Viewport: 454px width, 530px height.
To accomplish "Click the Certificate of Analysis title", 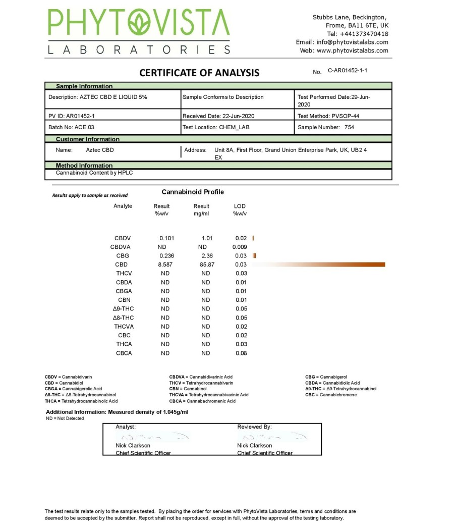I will coord(199,73).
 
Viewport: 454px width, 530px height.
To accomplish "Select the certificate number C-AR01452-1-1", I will coord(348,71).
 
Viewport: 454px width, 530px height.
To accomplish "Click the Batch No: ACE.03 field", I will coord(71,127).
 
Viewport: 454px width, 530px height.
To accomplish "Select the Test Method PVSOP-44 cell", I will coord(328,116).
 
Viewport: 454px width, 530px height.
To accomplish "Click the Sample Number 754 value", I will coord(349,127).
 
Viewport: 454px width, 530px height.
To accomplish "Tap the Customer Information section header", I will coord(88,139).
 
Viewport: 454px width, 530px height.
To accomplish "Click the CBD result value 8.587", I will coord(165,264).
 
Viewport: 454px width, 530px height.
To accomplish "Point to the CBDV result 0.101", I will coord(166,238).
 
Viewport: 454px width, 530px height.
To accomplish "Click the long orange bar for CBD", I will coord(323,264).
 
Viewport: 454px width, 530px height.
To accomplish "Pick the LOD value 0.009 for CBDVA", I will coord(240,247).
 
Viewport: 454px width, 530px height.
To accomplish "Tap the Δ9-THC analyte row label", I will coord(123,309).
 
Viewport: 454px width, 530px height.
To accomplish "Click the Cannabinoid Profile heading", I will coord(193,192).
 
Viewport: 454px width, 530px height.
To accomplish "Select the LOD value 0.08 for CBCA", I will coord(241,353).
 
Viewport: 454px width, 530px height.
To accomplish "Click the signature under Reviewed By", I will coord(272,437).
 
